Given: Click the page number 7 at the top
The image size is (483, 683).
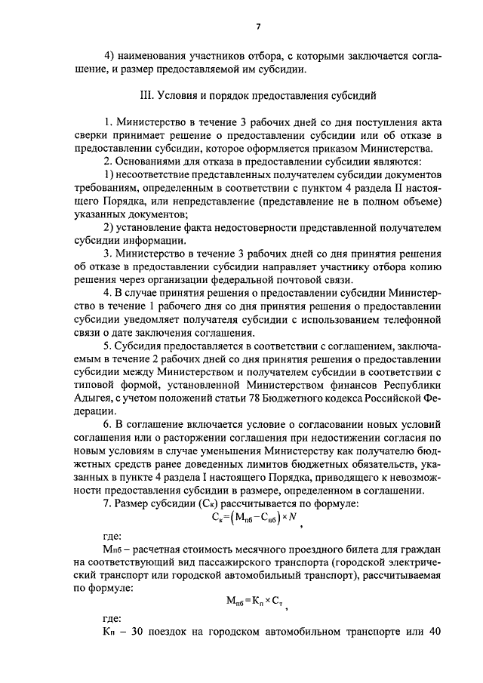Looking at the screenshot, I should [x=258, y=26].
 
